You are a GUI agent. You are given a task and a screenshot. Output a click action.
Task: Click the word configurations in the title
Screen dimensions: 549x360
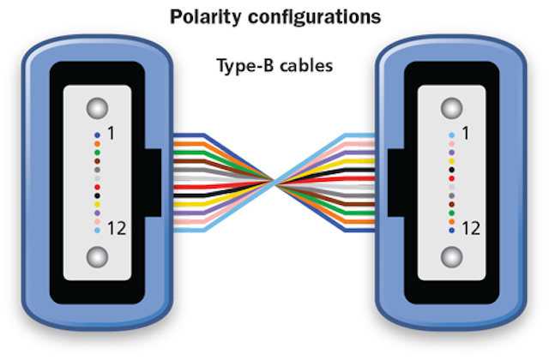click(x=315, y=17)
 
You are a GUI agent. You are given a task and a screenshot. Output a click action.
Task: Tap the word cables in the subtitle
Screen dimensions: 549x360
click(x=306, y=65)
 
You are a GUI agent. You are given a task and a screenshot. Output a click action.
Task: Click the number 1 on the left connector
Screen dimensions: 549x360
click(x=111, y=134)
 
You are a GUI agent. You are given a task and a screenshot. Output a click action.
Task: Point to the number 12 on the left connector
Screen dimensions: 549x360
click(x=117, y=229)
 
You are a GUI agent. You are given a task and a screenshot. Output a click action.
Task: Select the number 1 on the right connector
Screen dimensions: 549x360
click(x=465, y=134)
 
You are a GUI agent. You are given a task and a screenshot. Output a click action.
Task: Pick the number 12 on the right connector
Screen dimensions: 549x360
click(x=471, y=229)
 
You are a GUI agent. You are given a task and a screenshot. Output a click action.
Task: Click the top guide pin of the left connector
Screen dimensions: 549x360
click(x=97, y=108)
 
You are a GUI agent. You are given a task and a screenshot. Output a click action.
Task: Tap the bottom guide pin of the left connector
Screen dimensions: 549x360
click(x=97, y=257)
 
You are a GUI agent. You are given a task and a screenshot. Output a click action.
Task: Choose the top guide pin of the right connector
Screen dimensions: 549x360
click(x=452, y=108)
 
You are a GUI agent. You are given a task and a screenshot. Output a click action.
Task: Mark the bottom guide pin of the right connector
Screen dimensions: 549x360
click(x=452, y=257)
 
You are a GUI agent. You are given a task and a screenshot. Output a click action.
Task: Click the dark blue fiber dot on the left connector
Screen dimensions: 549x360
click(x=97, y=135)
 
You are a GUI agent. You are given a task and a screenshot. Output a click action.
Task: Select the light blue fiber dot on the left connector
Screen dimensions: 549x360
click(x=97, y=231)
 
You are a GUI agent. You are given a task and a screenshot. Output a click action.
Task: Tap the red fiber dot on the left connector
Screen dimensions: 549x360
click(x=97, y=187)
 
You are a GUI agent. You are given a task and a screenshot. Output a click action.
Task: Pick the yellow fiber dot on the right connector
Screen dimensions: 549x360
click(x=452, y=161)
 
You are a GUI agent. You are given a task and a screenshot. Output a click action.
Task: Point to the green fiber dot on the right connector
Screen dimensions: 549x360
click(x=452, y=213)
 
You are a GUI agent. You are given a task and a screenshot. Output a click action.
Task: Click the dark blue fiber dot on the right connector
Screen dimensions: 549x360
click(x=452, y=231)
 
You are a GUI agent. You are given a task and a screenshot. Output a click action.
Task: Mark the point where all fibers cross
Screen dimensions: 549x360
click(x=274, y=183)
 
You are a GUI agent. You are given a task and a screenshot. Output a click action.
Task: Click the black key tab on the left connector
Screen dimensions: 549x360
click(x=153, y=183)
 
